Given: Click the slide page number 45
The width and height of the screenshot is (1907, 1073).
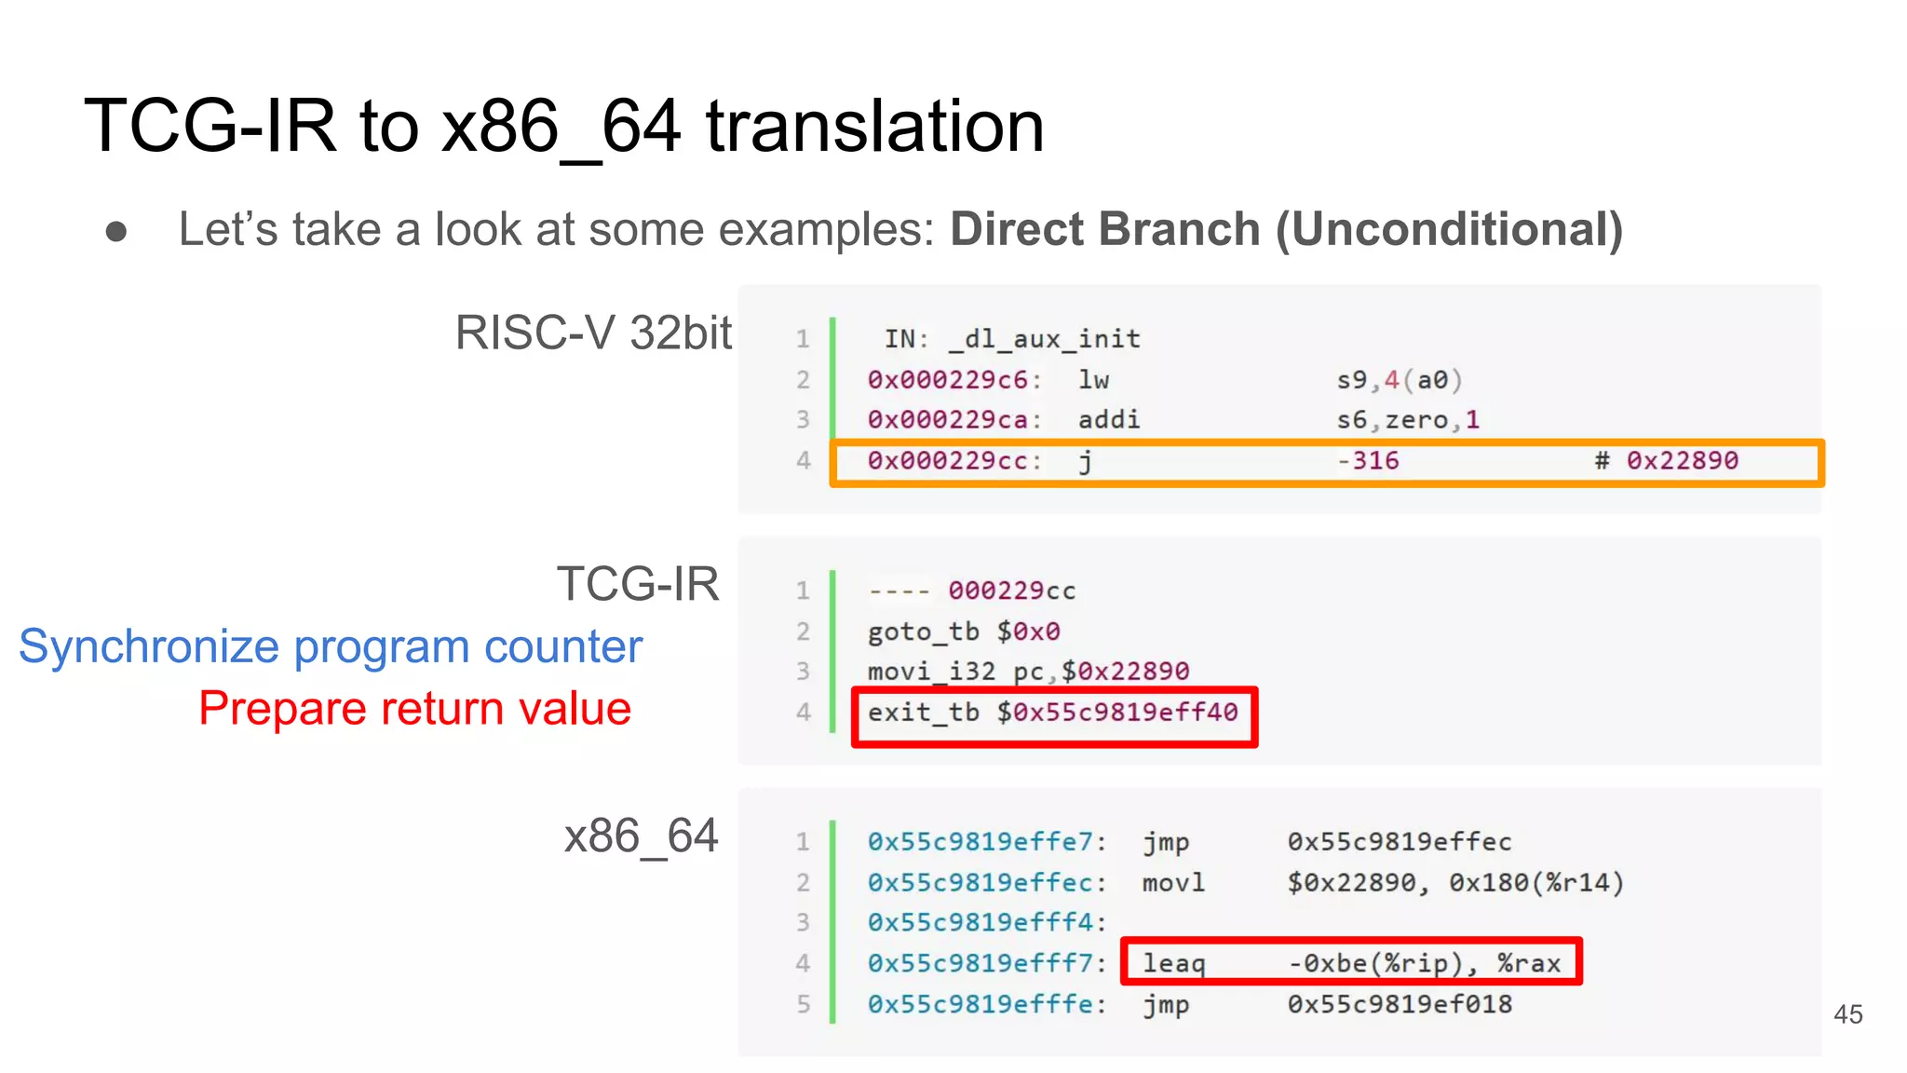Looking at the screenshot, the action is (1847, 1014).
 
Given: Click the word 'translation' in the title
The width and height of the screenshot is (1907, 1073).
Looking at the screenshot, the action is (874, 127).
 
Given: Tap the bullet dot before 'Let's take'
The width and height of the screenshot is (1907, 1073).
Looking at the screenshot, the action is (116, 231).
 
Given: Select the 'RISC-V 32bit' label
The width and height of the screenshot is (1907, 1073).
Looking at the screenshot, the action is (593, 333).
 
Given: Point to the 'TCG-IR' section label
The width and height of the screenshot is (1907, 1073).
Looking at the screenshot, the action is (638, 584).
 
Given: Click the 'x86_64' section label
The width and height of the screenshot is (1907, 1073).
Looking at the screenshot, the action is (641, 835).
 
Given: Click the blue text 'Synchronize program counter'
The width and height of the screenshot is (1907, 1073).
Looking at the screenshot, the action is (331, 646).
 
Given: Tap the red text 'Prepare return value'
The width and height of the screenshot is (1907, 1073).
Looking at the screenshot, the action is (415, 709).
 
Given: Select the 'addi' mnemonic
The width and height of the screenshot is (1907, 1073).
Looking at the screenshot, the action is (1108, 420).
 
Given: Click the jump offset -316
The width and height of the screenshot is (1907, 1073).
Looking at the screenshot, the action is (1368, 461).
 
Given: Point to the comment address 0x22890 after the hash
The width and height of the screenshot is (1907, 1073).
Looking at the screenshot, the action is (1682, 461).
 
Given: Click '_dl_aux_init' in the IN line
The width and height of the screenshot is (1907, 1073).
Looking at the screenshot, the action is (1044, 339).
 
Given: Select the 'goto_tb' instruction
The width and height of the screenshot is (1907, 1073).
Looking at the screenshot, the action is (923, 632).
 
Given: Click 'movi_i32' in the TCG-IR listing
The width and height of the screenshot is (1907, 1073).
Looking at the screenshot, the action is (931, 672).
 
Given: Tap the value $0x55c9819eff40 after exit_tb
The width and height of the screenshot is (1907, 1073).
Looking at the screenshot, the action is (1117, 713).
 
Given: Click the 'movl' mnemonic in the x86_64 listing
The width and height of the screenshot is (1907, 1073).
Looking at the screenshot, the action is (1173, 883).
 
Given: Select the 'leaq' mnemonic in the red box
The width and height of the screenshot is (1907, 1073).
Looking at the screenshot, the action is (1173, 964).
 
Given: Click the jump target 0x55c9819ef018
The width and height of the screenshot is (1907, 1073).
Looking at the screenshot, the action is (1400, 1005).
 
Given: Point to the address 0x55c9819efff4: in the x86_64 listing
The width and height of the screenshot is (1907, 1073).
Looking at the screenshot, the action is (986, 923).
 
